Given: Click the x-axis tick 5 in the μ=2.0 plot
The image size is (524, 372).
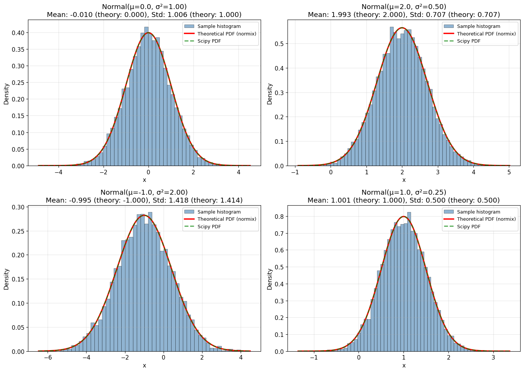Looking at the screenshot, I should (x=509, y=172).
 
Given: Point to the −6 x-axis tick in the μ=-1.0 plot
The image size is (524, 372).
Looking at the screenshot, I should (x=48, y=358).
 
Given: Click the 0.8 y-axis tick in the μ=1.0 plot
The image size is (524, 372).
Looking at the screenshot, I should (x=279, y=217).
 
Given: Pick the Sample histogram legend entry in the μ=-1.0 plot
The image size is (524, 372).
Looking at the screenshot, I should (x=219, y=212).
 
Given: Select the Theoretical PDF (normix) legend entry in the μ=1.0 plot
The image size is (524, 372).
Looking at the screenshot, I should (x=486, y=219).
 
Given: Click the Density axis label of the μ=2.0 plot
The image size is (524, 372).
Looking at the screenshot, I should (x=270, y=94).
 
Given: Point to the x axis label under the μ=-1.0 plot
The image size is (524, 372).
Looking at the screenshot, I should (x=144, y=366).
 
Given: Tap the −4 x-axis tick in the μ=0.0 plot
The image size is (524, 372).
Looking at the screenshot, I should (x=59, y=172).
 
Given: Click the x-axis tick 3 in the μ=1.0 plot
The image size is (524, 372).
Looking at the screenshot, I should (x=493, y=358).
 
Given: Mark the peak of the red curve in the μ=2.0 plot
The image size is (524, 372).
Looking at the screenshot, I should (x=402, y=28).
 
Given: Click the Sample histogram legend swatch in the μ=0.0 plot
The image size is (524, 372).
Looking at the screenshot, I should (x=189, y=26).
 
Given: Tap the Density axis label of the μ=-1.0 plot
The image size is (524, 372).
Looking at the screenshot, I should (x=6, y=279).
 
